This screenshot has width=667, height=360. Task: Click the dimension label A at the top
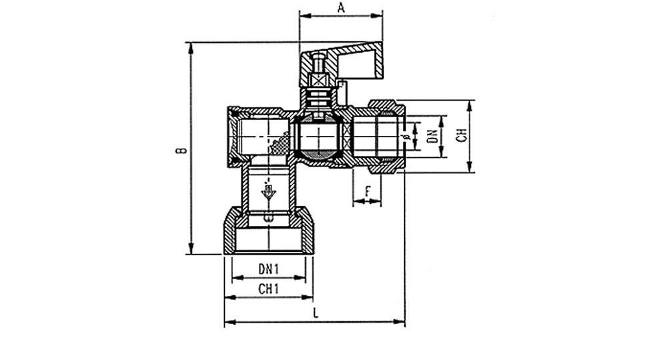coord(341,7)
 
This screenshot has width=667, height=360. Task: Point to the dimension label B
coord(181,150)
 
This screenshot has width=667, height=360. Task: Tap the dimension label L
coord(315,313)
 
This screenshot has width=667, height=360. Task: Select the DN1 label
coord(268,269)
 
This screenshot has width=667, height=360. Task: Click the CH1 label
coord(269,289)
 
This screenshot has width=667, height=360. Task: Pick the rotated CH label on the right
coord(462,135)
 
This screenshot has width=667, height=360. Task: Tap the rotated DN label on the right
coord(433,136)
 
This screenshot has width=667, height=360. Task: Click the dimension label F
coord(368,192)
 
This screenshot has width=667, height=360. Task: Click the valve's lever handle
coord(342,61)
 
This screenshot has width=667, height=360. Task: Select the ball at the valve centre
coord(319,137)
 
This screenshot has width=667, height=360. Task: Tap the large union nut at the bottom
coord(268,231)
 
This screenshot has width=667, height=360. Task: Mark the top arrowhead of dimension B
coord(191,47)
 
